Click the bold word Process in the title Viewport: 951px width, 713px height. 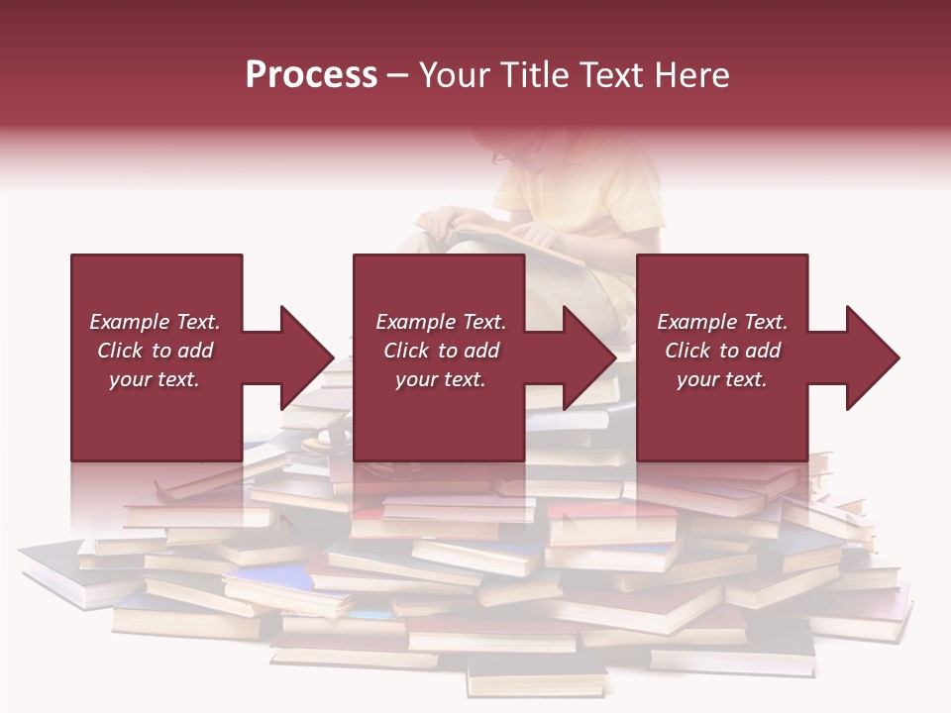point(311,75)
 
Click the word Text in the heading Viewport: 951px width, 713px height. point(610,75)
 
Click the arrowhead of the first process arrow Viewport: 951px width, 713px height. point(307,357)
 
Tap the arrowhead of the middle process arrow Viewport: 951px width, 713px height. point(589,357)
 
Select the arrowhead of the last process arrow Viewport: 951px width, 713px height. point(873,357)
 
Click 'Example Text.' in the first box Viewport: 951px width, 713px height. point(155,322)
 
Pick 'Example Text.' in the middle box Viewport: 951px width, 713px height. point(441,322)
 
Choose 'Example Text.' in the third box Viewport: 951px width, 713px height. point(722,322)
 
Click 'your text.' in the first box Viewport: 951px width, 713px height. point(155,379)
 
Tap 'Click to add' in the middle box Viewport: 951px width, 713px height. point(441,351)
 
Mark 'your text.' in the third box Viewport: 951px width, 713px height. point(722,379)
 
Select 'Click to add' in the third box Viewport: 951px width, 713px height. point(722,351)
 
